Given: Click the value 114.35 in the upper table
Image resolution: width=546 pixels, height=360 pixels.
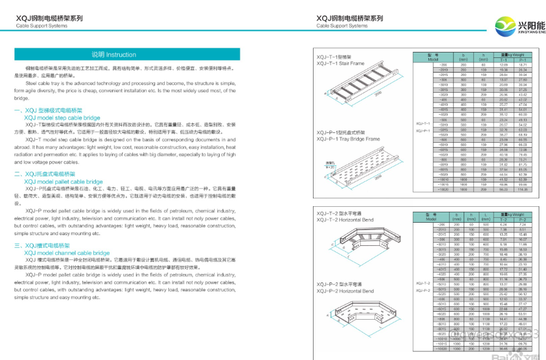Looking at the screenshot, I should (x=523, y=190).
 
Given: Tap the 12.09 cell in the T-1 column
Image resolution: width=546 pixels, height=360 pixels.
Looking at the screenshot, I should (x=503, y=64).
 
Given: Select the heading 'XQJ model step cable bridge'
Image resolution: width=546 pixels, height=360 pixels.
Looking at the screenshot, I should (x=62, y=117).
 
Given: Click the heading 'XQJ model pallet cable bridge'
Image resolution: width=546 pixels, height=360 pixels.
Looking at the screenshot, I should (x=63, y=181).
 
